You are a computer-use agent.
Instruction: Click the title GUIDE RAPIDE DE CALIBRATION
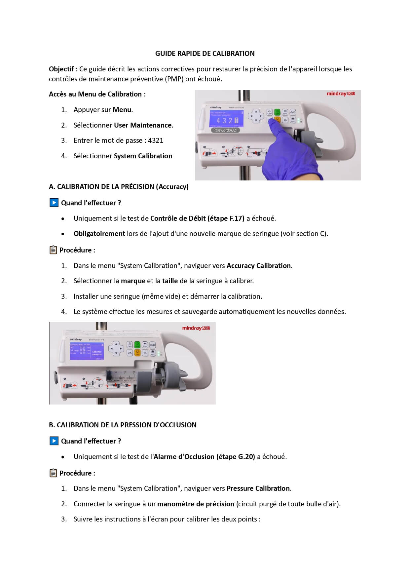coord(205,54)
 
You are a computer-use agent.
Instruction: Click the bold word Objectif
coord(61,69)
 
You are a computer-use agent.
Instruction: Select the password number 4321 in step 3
coord(156,140)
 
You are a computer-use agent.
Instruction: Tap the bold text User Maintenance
coord(143,125)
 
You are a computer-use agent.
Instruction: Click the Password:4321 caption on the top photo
coord(225,130)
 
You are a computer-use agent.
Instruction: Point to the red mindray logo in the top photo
coord(340,94)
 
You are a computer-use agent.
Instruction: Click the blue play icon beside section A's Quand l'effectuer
coord(54,203)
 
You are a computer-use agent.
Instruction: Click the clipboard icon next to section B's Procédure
coord(53,473)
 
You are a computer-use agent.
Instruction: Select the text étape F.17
coord(227,218)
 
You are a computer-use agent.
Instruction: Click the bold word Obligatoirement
coord(99,234)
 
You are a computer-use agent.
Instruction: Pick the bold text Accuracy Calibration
coord(259,266)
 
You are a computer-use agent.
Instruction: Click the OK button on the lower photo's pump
coord(130,353)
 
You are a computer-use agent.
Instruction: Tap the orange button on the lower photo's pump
coord(137,353)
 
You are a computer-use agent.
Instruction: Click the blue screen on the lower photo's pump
coord(87,351)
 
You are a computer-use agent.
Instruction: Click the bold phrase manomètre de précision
coord(196,504)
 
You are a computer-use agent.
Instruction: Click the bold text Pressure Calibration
coord(258,488)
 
